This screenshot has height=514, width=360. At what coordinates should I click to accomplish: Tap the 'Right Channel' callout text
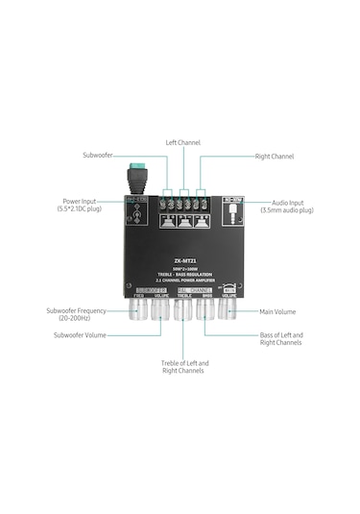pyautogui.click(x=274, y=156)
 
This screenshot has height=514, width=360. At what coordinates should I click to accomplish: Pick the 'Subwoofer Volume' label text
pyautogui.click(x=80, y=333)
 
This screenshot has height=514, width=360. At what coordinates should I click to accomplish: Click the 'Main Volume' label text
pyautogui.click(x=277, y=311)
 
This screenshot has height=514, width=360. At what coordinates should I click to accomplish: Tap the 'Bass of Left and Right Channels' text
pyautogui.click(x=281, y=338)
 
